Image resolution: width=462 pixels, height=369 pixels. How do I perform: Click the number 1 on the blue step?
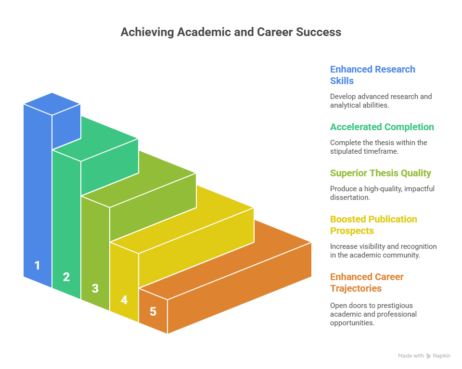pos(37,265)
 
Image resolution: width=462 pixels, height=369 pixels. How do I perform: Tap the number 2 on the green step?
pos(66,277)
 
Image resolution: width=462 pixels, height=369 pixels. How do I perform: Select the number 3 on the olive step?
pos(95,288)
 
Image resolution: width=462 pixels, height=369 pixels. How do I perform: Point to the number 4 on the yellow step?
pos(124,300)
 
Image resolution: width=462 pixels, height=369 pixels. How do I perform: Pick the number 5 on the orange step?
pos(153,311)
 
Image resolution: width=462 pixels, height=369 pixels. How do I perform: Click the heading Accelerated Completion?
pos(382,127)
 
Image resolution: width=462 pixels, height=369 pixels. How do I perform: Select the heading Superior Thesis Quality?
pos(380,173)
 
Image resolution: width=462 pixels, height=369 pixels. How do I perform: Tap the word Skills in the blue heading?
pos(342,81)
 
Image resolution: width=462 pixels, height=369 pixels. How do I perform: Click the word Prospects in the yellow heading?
pos(352,231)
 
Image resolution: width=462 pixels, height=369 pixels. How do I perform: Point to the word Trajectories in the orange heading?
pos(356,288)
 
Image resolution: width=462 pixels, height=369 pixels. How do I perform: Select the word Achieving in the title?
pos(147,32)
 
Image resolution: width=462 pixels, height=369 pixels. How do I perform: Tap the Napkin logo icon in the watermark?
pos(428,356)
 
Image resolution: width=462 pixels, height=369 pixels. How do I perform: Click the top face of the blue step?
pos(52,104)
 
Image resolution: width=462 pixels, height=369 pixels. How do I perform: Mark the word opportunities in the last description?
pos(352,323)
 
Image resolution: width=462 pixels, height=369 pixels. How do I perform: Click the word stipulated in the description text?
pos(345,151)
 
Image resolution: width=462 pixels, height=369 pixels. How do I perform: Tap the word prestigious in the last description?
pos(397,306)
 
